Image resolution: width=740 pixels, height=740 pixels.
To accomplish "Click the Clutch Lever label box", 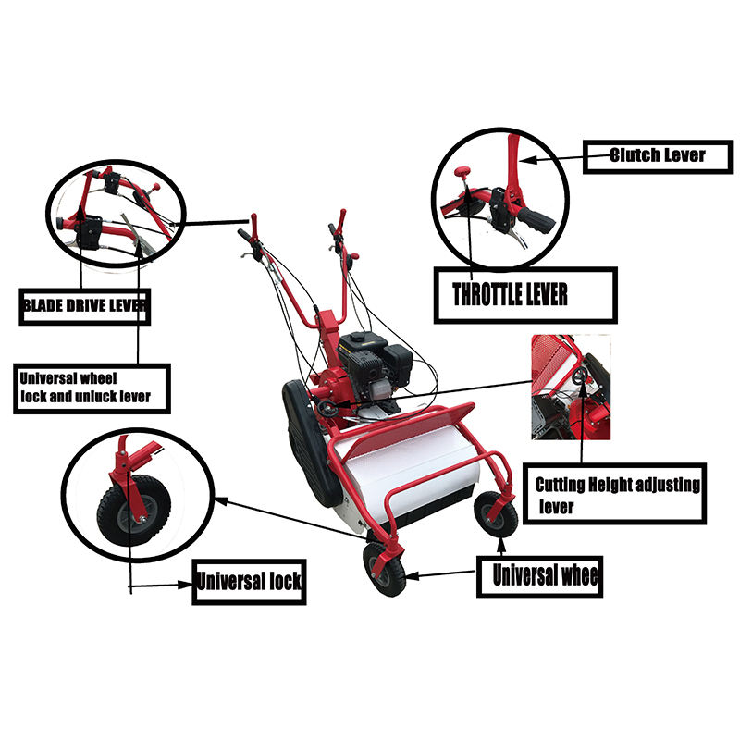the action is click(x=658, y=156).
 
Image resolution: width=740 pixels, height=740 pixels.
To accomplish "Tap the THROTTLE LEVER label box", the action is click(x=525, y=295).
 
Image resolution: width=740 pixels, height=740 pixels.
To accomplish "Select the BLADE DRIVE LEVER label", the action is click(x=85, y=307).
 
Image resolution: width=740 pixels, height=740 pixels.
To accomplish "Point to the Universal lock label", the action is click(x=249, y=582).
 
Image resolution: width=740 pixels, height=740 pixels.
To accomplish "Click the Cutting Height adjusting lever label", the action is click(x=614, y=494).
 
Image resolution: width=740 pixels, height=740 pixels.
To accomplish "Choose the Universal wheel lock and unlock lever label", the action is click(x=92, y=388).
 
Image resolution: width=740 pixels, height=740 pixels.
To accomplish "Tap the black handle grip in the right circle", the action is click(x=537, y=220).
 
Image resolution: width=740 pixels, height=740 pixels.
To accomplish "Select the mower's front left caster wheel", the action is click(x=384, y=569).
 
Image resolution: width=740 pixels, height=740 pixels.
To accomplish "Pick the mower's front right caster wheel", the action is click(x=496, y=515).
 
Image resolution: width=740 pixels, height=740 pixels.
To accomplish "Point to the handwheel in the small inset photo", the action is click(x=581, y=376).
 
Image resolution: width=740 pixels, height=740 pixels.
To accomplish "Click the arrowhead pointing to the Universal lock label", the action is click(x=186, y=585).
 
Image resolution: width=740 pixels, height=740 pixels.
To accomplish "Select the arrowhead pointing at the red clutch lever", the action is click(x=528, y=160).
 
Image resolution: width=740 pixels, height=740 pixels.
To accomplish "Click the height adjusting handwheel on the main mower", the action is click(x=326, y=408).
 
